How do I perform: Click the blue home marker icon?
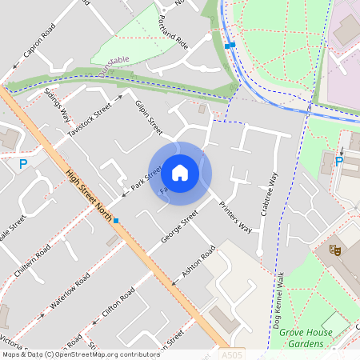pyautogui.click(x=180, y=171)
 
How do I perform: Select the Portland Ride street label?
pyautogui.click(x=172, y=30)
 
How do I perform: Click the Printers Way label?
pyautogui.click(x=235, y=217)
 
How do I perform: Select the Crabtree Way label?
pyautogui.click(x=269, y=194)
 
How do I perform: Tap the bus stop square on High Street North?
pyautogui.click(x=116, y=221)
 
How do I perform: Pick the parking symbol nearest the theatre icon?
pyautogui.click(x=338, y=162)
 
